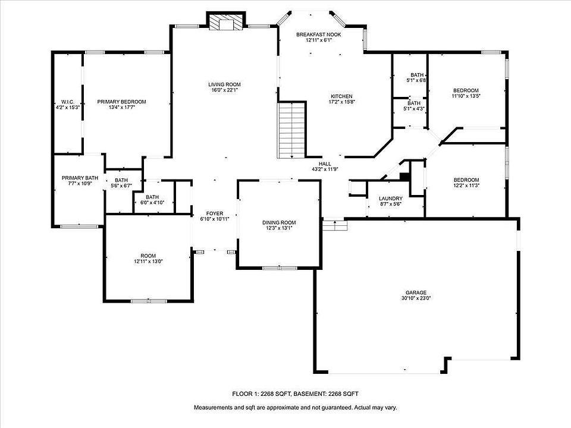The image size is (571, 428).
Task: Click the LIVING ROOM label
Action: (x=224, y=84)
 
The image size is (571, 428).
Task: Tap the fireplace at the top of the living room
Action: (x=226, y=21)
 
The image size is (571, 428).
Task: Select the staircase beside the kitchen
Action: (x=291, y=130)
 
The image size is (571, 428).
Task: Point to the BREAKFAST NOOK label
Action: (x=319, y=34)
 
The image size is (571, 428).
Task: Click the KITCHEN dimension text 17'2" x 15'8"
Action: (x=341, y=102)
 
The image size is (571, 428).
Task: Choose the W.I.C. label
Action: (x=68, y=102)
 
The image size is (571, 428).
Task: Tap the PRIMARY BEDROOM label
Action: (x=121, y=102)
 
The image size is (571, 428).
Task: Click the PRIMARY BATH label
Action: (x=80, y=178)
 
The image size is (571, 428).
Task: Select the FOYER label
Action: (x=215, y=213)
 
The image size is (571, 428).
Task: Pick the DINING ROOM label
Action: (x=279, y=222)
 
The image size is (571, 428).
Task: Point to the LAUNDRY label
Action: (x=390, y=199)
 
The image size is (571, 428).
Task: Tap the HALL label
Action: (x=325, y=164)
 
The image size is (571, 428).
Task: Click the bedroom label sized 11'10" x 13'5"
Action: (x=466, y=90)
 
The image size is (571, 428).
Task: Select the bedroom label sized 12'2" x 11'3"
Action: (x=466, y=180)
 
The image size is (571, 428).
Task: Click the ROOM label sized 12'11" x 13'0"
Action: (x=148, y=256)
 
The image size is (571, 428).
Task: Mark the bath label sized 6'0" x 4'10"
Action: (x=152, y=197)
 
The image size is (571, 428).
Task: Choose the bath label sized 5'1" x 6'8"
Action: (x=417, y=75)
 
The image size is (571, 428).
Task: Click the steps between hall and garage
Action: (x=335, y=224)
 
